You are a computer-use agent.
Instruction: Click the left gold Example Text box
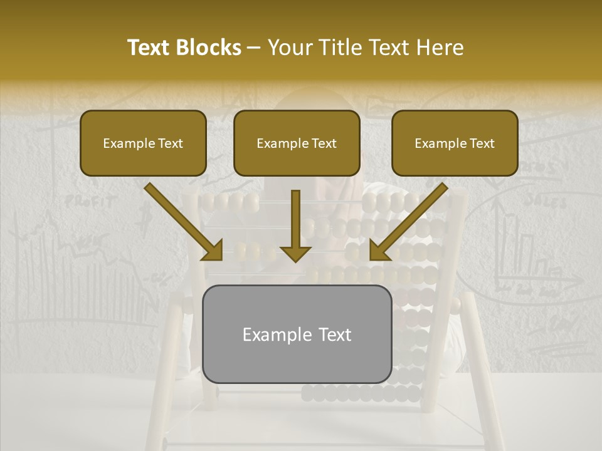(143, 143)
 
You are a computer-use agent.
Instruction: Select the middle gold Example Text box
(297, 143)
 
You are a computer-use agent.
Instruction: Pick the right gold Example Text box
(455, 143)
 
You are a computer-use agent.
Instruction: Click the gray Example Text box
(297, 334)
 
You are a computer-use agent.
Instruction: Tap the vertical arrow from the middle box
(295, 219)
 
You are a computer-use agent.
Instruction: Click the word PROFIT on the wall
(90, 202)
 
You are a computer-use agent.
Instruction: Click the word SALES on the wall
(546, 201)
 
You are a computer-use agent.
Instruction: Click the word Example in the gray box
(273, 334)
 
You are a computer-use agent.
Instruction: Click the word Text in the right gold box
(481, 143)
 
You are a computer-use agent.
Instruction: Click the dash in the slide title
(254, 48)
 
